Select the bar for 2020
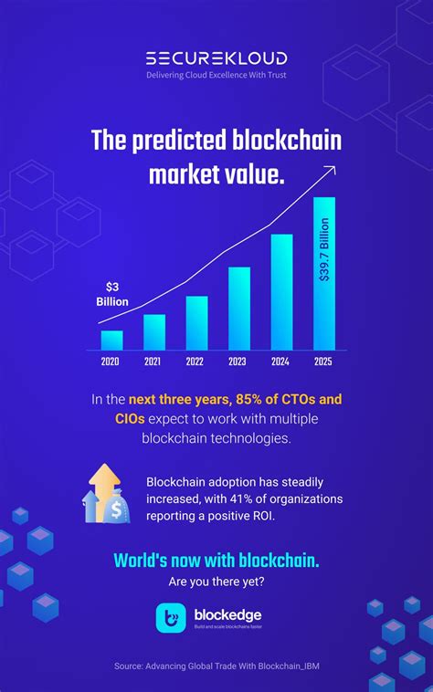[111, 340]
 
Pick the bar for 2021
[154, 332]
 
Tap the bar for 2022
[196, 323]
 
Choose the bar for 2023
[239, 309]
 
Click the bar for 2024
[281, 292]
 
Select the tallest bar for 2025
[324, 274]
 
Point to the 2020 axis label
[111, 362]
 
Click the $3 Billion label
[112, 294]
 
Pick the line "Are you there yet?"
[216, 581]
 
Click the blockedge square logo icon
[171, 618]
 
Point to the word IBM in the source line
[310, 667]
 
